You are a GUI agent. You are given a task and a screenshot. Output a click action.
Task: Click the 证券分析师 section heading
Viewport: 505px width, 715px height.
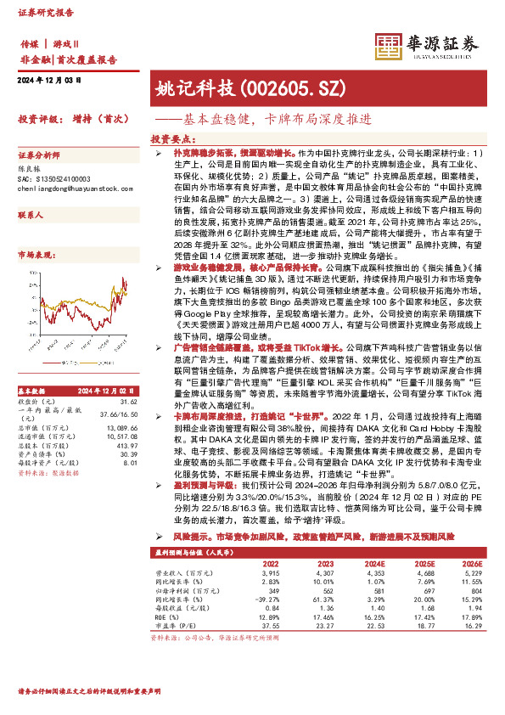click(38, 155)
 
